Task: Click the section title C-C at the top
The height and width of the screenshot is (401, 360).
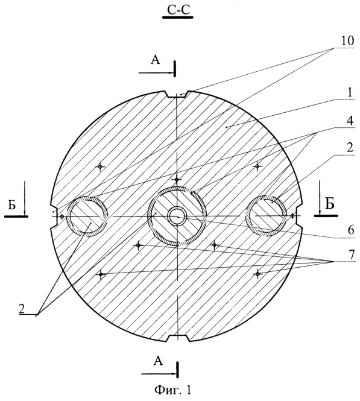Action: (x=178, y=10)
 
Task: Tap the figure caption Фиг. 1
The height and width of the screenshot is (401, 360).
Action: (x=173, y=390)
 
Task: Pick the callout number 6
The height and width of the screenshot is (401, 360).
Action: (x=351, y=230)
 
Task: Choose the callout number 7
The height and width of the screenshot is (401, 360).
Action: (x=352, y=254)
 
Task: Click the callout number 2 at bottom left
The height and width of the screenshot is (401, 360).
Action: (x=22, y=309)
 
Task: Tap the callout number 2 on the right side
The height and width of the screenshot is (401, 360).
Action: (x=350, y=148)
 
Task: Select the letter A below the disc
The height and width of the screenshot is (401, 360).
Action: (x=158, y=361)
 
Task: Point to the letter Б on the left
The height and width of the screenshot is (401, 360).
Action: (x=12, y=205)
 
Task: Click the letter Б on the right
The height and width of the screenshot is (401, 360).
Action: (x=330, y=204)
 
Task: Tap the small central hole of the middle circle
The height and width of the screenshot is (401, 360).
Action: (x=177, y=216)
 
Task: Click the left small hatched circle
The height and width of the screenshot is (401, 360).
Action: (x=87, y=216)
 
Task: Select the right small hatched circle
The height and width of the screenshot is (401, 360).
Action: (x=266, y=216)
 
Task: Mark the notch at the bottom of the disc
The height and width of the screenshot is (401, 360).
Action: (x=178, y=338)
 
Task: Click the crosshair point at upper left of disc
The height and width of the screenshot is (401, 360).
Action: (x=100, y=167)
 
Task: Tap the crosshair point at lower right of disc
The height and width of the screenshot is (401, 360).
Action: (x=257, y=274)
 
